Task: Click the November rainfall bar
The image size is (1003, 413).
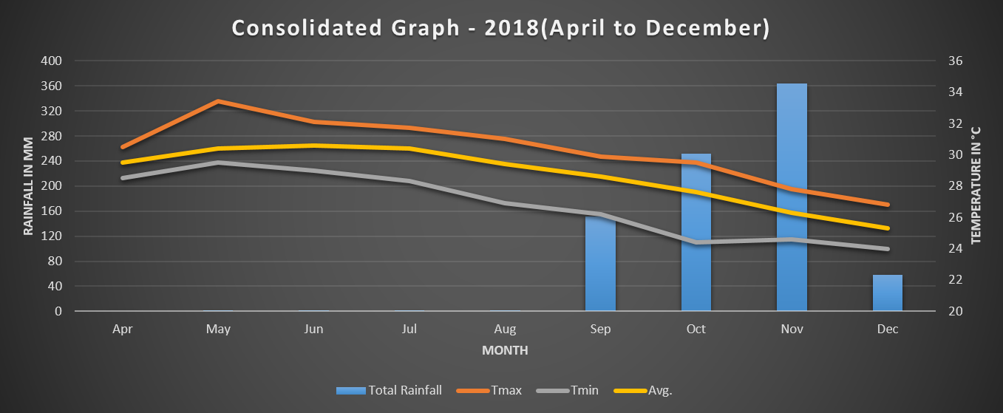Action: tap(792, 197)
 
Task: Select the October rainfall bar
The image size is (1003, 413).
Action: tap(696, 233)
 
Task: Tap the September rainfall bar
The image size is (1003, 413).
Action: tap(600, 263)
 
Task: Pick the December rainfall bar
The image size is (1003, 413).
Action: tap(887, 293)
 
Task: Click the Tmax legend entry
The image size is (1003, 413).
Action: tap(489, 390)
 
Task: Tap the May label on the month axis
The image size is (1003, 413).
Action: tap(219, 330)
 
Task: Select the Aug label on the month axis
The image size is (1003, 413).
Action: tap(505, 330)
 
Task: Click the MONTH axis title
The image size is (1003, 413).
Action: tap(505, 350)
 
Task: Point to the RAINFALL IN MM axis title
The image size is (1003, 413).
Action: tap(29, 186)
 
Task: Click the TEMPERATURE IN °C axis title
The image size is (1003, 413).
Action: tap(976, 186)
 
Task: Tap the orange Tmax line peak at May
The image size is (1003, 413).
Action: tap(219, 101)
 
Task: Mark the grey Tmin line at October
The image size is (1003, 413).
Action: tap(696, 242)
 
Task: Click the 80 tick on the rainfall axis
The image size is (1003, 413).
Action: tap(55, 261)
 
